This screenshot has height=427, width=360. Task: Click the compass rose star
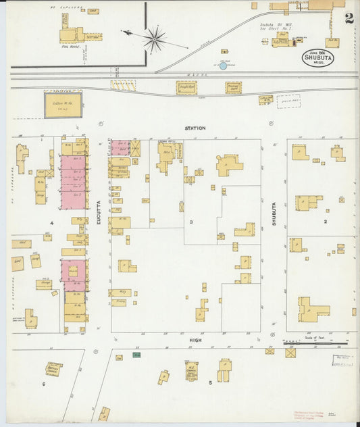[x=155, y=39]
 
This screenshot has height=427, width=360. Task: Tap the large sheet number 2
[x=349, y=18]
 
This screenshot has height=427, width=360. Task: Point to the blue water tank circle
[x=223, y=66]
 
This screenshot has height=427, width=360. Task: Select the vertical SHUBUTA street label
[x=275, y=213]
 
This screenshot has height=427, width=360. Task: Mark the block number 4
[x=51, y=222]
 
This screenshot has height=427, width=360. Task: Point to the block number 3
[x=192, y=222]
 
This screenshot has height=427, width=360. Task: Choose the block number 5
[x=211, y=384]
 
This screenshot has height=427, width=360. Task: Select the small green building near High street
[x=136, y=354]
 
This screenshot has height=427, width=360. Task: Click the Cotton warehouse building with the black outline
[x=63, y=105]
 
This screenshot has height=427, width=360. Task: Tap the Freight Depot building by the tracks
[x=186, y=87]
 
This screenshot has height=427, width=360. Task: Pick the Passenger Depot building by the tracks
[x=234, y=87]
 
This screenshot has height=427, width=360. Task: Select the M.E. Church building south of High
[x=192, y=370]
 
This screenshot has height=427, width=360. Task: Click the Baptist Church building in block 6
[x=53, y=370]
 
